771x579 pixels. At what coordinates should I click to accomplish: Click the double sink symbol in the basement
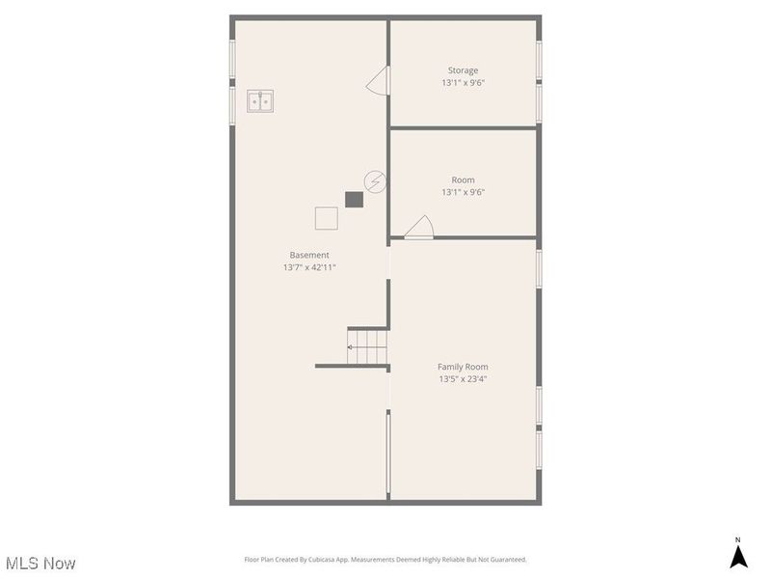260,100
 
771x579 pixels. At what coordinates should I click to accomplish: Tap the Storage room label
463,70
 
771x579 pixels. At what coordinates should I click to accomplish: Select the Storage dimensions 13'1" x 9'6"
463,83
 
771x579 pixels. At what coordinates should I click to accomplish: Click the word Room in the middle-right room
463,180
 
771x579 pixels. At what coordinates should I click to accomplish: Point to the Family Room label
463,367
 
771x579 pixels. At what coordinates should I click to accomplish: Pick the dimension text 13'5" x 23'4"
463,379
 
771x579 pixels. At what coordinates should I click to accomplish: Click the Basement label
309,255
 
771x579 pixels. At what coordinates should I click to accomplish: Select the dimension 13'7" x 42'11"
309,267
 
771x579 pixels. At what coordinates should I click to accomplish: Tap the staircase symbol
367,346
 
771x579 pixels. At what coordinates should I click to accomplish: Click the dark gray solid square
355,200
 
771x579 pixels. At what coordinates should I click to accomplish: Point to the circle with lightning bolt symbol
375,181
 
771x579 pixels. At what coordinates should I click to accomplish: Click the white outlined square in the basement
327,219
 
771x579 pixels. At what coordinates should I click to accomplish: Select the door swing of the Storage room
378,80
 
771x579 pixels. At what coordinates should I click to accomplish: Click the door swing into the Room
418,227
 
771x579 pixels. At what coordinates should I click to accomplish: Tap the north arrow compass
738,556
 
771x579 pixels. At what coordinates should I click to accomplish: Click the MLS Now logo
40,563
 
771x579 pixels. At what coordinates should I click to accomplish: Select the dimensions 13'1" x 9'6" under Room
463,192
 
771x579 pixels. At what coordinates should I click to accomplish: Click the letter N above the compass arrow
738,540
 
